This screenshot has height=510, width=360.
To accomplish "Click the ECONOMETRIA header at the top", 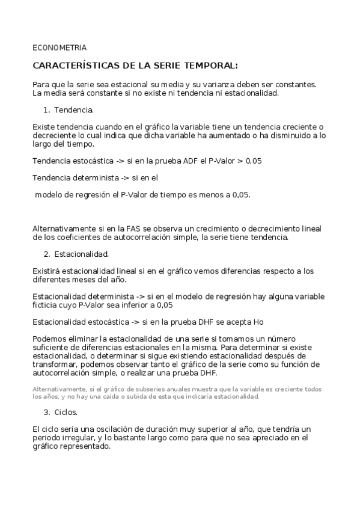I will coord(59,48).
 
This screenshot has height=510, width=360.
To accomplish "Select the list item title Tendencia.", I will coord(74,110).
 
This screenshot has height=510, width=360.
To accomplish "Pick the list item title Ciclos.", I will coord(66,413).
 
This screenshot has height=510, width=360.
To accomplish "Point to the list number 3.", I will coord(46,413).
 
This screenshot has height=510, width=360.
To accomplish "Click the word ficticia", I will coord(46,305).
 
